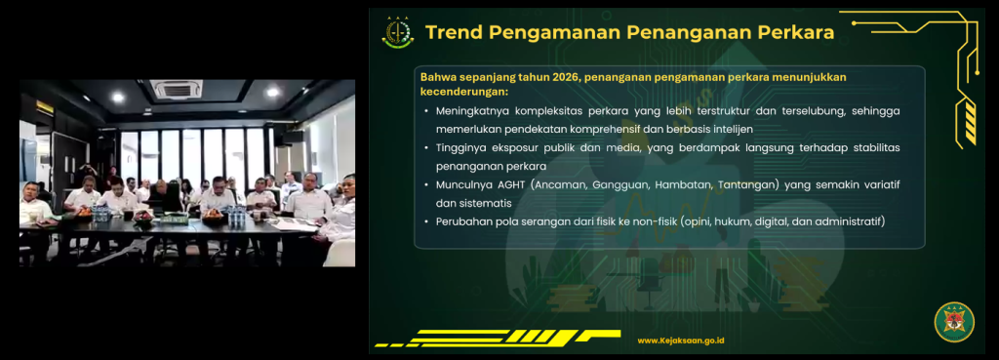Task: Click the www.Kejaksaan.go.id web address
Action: [x=680, y=340]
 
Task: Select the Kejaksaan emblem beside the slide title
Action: [x=398, y=32]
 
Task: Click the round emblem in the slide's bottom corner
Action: [x=954, y=322]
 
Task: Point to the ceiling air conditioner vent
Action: [x=176, y=89]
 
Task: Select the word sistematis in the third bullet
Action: [x=486, y=204]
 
